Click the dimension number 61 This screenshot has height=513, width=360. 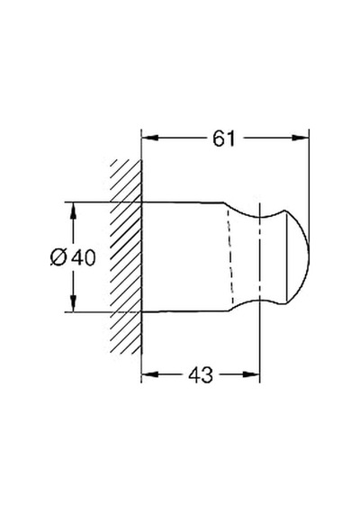224,139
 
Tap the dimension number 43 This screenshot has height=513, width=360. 201,374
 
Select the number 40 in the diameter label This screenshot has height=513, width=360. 84,257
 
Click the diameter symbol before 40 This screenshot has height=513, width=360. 58,257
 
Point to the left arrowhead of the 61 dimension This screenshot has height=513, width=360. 150,138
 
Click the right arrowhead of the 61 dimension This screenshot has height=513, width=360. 301,138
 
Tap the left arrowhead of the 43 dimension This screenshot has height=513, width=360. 150,374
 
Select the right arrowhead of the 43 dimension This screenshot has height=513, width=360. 251,374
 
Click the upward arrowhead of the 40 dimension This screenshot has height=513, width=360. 73,211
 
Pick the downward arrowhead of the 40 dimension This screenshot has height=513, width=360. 73,304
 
